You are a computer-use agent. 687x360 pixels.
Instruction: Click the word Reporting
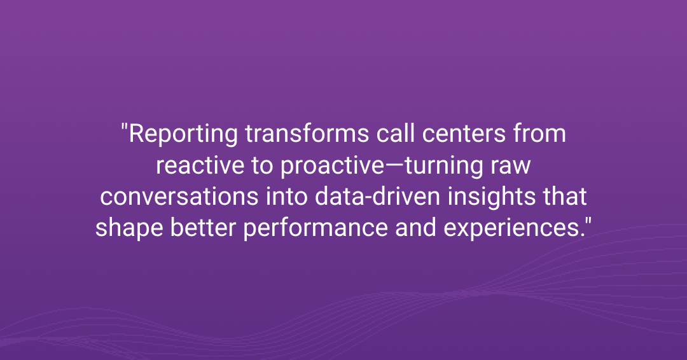pyautogui.click(x=183, y=134)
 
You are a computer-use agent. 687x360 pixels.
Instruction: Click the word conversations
pyautogui.click(x=179, y=197)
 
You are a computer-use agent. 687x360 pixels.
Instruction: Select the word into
pyautogui.click(x=286, y=197)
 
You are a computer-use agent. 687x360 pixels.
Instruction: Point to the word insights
pyautogui.click(x=492, y=198)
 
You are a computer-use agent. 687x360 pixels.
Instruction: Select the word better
pyautogui.click(x=204, y=228)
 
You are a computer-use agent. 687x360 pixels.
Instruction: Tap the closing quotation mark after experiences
pyautogui.click(x=588, y=222)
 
